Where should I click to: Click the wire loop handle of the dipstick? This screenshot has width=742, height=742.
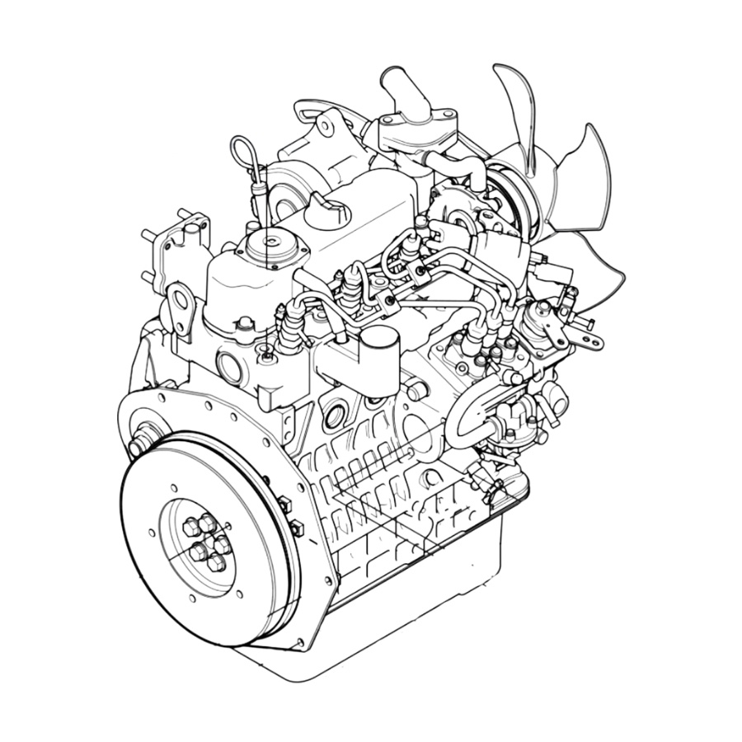point(244,153)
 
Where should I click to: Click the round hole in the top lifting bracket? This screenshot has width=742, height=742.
point(326,126)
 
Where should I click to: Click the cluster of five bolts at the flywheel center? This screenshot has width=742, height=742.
point(204,540)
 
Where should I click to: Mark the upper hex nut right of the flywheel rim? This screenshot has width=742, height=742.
point(285,503)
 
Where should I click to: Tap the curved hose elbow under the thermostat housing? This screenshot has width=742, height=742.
point(467,165)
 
